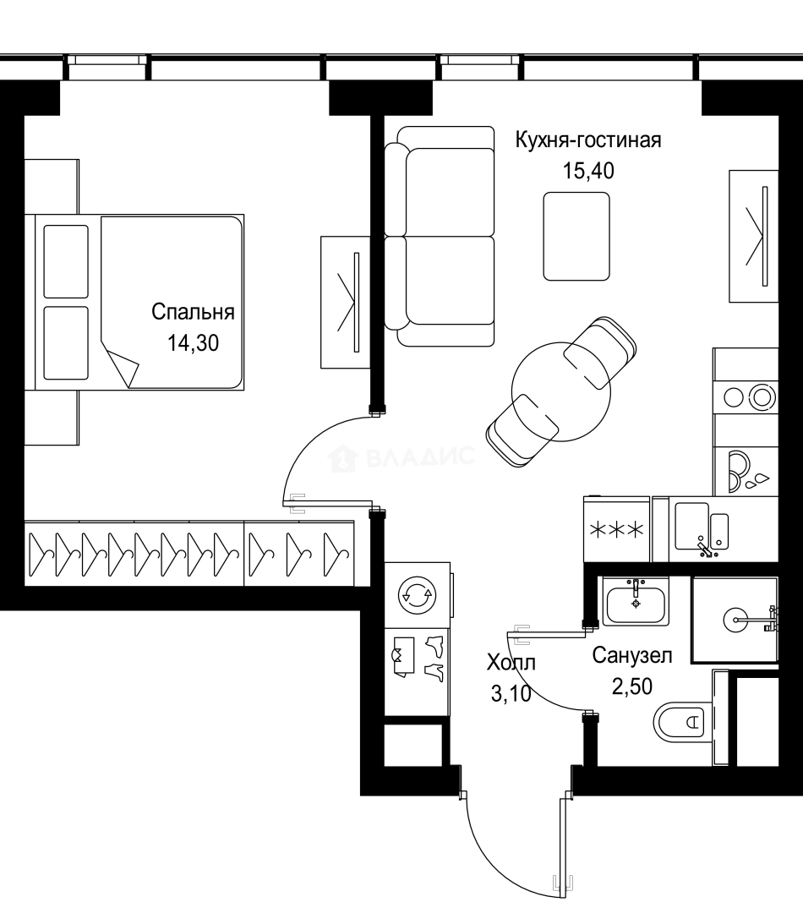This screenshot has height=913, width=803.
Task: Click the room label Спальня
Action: [x=193, y=312]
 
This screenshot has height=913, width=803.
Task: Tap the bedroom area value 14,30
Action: [x=193, y=344]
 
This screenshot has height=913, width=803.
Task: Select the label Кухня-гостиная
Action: [x=588, y=140]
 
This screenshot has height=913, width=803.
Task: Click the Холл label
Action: [x=511, y=663]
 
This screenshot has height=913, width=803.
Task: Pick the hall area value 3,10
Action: [x=511, y=694]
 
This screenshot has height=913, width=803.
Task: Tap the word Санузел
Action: [x=632, y=655]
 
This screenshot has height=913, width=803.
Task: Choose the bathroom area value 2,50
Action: [x=632, y=686]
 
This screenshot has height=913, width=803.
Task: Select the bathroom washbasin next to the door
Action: [x=636, y=601]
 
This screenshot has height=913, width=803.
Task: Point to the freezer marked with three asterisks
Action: [x=616, y=530]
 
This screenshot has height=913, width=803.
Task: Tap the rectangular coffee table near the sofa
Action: [x=576, y=236]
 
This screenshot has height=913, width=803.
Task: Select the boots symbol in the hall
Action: [x=435, y=659]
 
